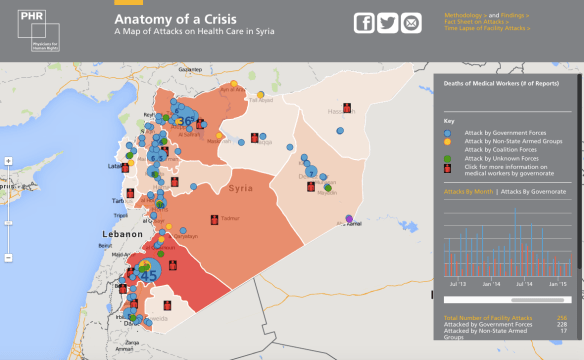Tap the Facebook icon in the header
[365, 24]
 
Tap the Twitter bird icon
[387, 24]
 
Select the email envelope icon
[410, 24]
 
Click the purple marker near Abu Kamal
[349, 219]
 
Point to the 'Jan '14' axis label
[491, 285]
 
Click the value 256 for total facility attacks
[562, 317]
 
